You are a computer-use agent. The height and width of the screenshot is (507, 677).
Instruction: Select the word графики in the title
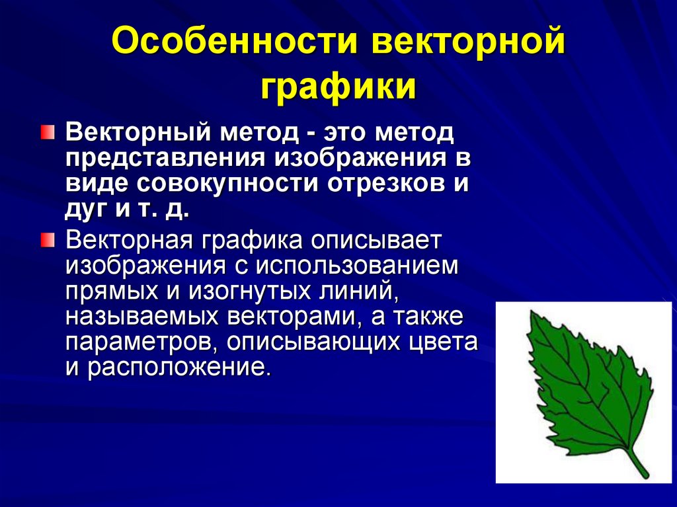pos(338,88)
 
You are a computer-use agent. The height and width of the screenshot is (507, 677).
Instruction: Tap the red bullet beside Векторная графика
pos(44,238)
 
